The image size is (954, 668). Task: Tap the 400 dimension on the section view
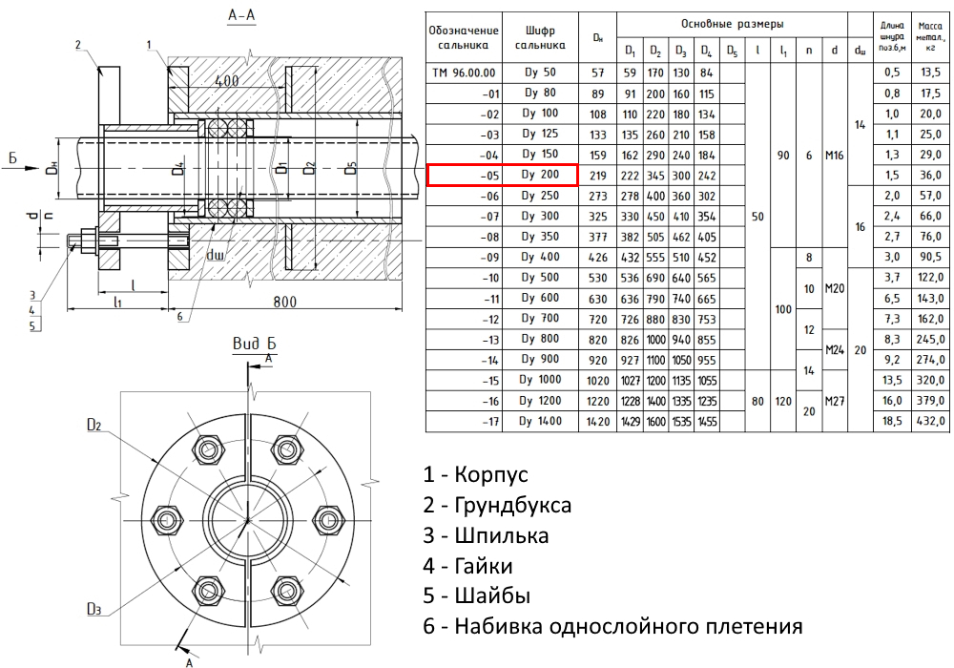pos(226,81)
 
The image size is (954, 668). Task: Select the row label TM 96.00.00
pos(464,73)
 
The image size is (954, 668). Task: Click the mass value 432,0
pos(929,421)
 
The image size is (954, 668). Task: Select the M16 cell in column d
pos(836,155)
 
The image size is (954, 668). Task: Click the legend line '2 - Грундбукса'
pos(498,505)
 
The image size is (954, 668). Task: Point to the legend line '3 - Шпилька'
pos(487,535)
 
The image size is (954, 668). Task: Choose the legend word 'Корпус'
pos(491,474)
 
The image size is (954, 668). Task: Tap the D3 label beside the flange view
pos(93,609)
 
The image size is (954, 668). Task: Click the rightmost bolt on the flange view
pos(329,520)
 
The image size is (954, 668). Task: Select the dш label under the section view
pos(215,256)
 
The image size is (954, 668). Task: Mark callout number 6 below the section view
pos(178,317)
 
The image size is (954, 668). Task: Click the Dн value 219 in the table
pos(597,175)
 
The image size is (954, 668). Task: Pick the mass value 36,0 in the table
pos(929,175)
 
